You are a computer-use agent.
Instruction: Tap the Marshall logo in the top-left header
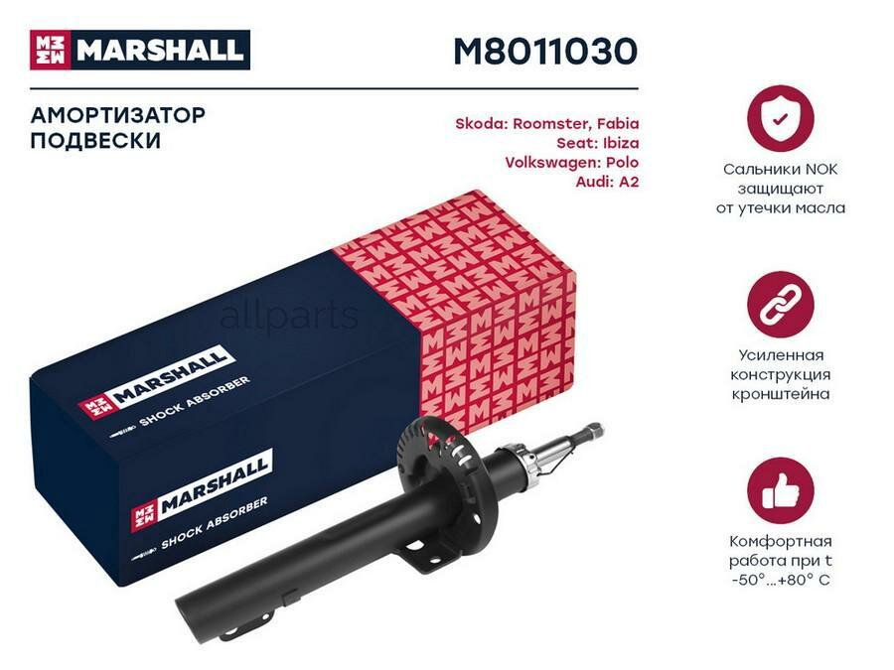tap(138, 50)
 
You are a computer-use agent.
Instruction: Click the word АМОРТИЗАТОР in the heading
tap(118, 115)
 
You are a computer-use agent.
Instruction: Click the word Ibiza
tap(615, 143)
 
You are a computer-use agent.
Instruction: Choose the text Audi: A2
tap(607, 182)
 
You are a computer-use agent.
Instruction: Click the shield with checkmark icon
tap(780, 119)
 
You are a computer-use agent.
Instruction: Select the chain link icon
tap(780, 304)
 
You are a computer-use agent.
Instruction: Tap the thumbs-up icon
tap(780, 490)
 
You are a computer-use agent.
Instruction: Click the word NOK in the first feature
tap(819, 170)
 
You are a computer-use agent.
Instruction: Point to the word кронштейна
tap(780, 394)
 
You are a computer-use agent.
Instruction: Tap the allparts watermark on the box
tap(288, 317)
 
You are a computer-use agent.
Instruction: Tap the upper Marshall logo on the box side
tap(159, 376)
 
